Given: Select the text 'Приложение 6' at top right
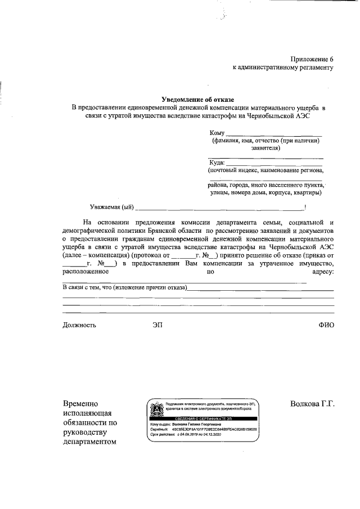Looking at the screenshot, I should point(312,59).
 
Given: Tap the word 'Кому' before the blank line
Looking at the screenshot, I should point(217,132).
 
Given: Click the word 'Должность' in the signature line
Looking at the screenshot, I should point(79,325).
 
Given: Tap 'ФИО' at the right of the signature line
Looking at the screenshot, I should point(326,325).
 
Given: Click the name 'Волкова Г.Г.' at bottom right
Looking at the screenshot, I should point(312,404).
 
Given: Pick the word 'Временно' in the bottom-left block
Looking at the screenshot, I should point(82,404).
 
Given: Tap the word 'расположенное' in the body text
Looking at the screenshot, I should point(85,272).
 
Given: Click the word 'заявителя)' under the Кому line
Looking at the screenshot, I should point(265,148).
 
